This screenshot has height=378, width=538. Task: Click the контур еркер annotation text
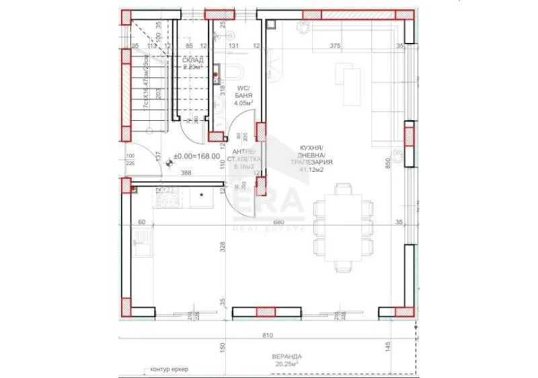pyautogui.click(x=168, y=370)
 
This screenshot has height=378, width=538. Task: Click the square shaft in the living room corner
pyautogui.click(x=270, y=24)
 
